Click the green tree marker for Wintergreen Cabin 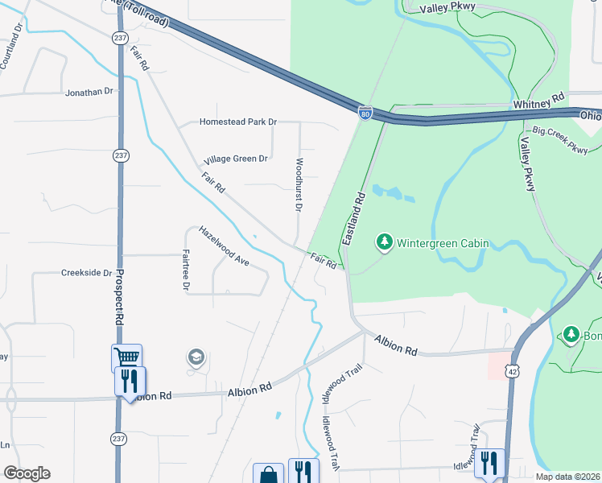pos(385,242)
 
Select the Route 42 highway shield pos(513,371)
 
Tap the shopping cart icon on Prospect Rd pos(126,357)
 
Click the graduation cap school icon pos(195,357)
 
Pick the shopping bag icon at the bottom pos(268,474)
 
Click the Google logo pos(27,473)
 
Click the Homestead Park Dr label pos(237,122)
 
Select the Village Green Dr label pos(235,159)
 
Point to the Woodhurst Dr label pos(298,184)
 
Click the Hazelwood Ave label pos(225,246)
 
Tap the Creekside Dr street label pos(86,273)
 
